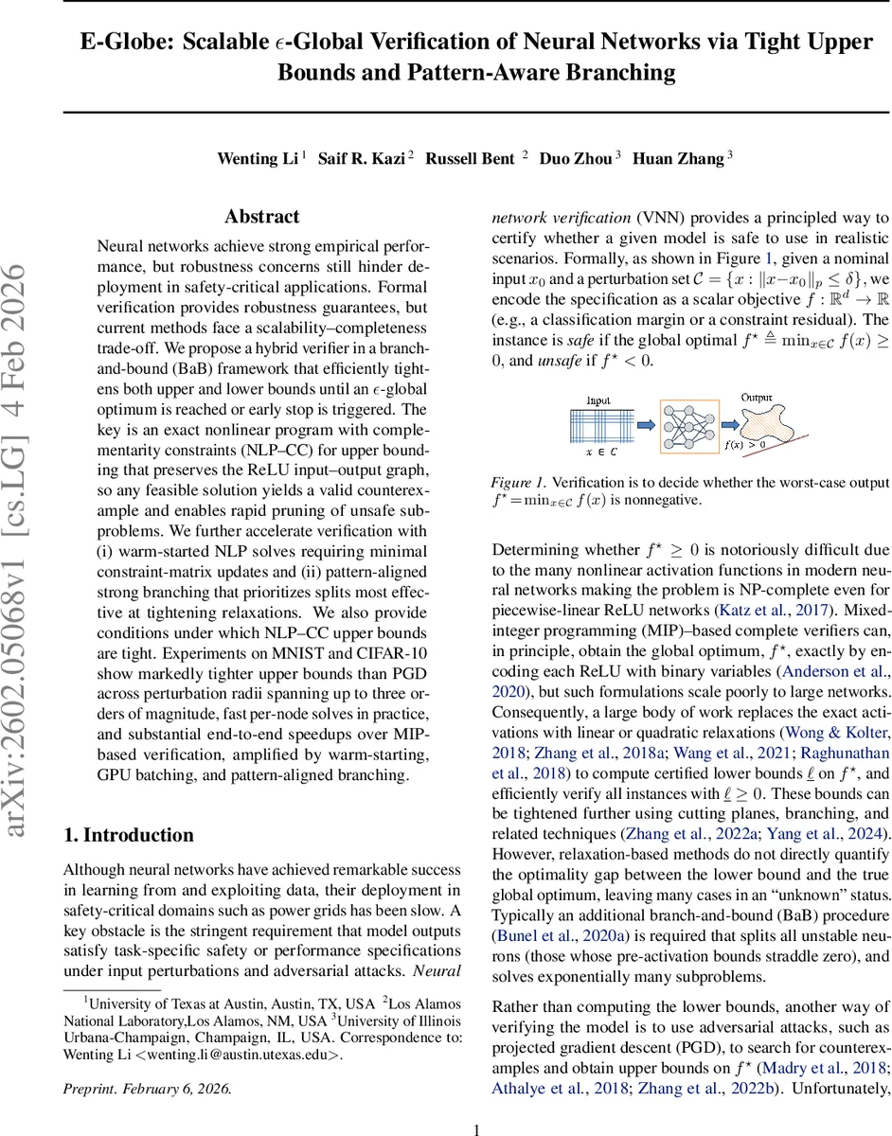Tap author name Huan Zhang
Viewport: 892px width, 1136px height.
click(677, 159)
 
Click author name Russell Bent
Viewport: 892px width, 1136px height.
click(470, 159)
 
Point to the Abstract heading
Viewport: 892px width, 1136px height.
click(262, 217)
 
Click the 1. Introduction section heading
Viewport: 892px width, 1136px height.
click(128, 835)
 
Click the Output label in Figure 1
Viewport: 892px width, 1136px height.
click(757, 399)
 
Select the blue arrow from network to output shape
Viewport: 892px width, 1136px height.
click(715, 425)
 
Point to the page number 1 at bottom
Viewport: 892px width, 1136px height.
click(476, 1103)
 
